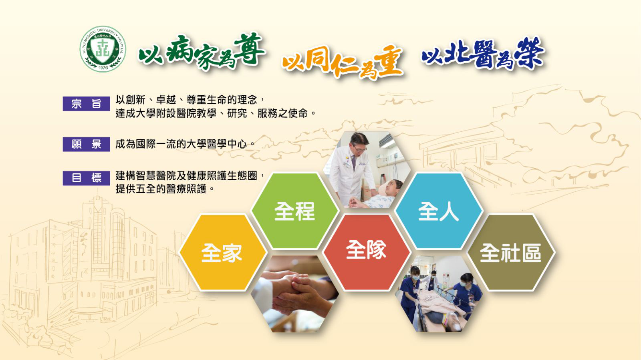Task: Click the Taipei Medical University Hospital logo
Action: click(x=103, y=49)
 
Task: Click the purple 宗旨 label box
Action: click(x=86, y=103)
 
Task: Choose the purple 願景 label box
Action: click(x=86, y=144)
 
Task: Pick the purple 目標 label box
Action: click(x=86, y=178)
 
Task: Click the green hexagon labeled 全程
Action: click(x=295, y=211)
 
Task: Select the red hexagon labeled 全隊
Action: click(x=367, y=253)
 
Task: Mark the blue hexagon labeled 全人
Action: click(x=439, y=211)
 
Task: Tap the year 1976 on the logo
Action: click(x=103, y=68)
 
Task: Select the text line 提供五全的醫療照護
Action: click(x=165, y=189)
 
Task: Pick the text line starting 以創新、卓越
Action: click(x=191, y=100)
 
